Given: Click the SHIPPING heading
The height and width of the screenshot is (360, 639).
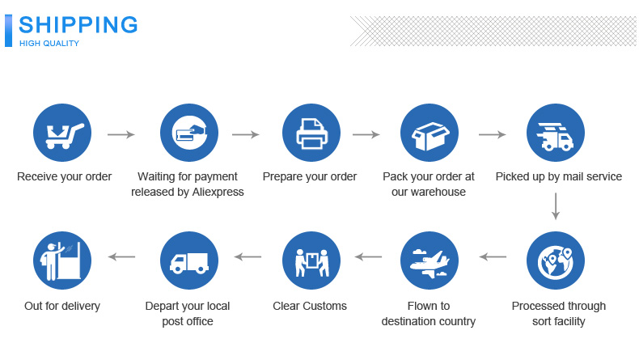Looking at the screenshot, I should [78, 24].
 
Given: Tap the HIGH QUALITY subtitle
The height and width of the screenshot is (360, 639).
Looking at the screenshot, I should [49, 44].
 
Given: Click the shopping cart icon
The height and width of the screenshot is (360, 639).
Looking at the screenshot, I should [61, 133].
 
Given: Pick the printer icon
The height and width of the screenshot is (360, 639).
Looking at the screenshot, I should [311, 133].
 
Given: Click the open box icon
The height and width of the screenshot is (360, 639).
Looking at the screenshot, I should [430, 133].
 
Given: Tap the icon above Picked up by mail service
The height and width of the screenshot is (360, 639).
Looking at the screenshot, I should [555, 133].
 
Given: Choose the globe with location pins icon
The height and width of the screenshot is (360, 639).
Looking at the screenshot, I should [555, 260].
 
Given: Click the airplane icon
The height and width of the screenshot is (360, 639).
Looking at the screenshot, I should [430, 260].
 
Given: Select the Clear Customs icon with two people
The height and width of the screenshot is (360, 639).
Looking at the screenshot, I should [311, 260].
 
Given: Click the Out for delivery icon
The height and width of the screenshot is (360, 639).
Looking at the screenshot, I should [61, 260].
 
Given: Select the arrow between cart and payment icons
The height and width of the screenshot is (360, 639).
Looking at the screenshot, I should [121, 134].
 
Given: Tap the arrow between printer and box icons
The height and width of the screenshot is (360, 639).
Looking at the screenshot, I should [366, 134].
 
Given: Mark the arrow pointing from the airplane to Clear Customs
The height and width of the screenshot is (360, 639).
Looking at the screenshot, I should [369, 257].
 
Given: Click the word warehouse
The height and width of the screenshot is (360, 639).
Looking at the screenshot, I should [440, 192].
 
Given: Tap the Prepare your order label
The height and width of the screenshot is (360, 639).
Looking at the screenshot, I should [310, 176].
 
